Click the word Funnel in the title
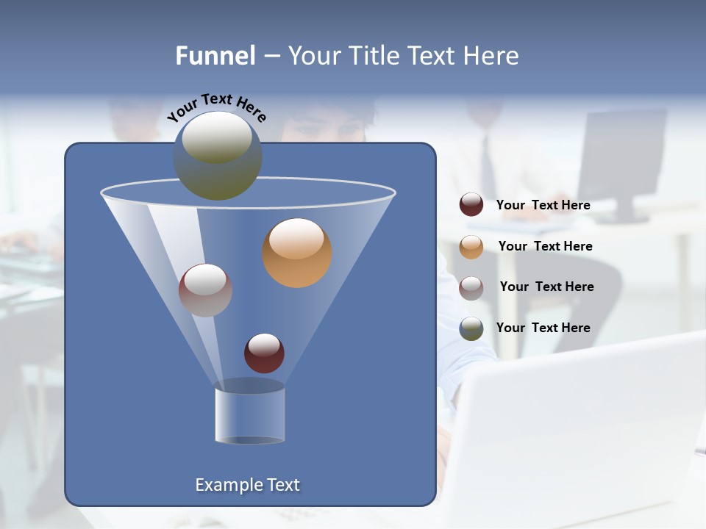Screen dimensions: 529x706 (x=215, y=56)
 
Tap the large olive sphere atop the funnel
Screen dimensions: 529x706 (x=218, y=156)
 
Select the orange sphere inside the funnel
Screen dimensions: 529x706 (x=297, y=253)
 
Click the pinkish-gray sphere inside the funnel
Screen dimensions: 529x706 (x=205, y=290)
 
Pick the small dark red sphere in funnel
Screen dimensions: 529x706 (x=264, y=353)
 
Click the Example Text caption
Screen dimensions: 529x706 (x=247, y=485)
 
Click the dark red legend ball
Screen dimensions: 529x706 (x=471, y=205)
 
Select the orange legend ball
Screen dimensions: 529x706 (x=471, y=246)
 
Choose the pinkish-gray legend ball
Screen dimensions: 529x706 (x=471, y=287)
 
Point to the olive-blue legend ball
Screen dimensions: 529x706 (x=471, y=328)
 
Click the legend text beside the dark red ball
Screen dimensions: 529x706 (x=543, y=205)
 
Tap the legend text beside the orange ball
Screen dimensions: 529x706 (x=545, y=246)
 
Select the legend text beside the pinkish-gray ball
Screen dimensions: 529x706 (x=546, y=287)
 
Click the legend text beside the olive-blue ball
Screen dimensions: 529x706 (x=543, y=328)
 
